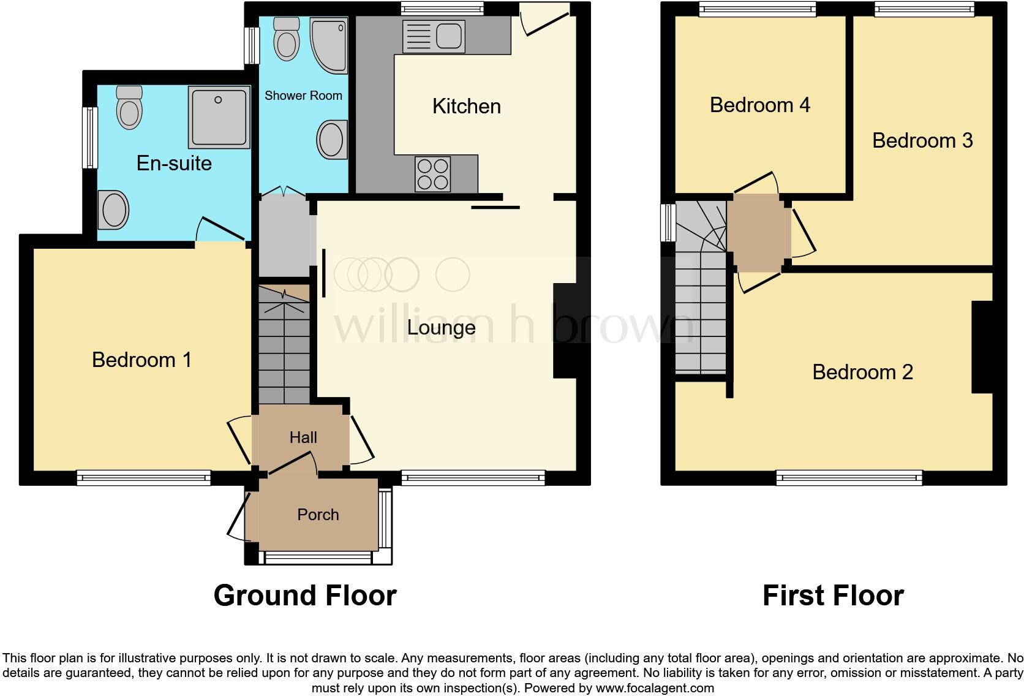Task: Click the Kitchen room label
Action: (466, 106)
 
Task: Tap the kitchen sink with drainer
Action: (433, 36)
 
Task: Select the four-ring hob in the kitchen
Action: (432, 174)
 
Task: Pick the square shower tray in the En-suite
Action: (219, 116)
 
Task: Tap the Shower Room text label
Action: (303, 96)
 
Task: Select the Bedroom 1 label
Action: (141, 360)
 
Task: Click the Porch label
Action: (318, 515)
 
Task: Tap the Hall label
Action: (303, 437)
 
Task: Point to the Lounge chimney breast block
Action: (565, 330)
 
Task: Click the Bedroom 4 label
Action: (759, 105)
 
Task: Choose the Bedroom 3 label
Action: (922, 141)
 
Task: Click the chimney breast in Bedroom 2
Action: (982, 347)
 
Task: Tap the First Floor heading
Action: (833, 596)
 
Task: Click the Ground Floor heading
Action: (305, 596)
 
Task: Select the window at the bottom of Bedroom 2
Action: (849, 477)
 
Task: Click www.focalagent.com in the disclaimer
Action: (654, 688)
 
